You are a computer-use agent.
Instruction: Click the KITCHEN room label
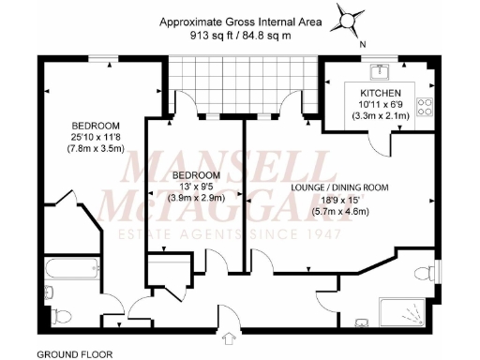tap(380, 93)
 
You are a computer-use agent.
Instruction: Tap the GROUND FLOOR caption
tap(74, 354)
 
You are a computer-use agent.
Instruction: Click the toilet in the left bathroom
tap(58, 311)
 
